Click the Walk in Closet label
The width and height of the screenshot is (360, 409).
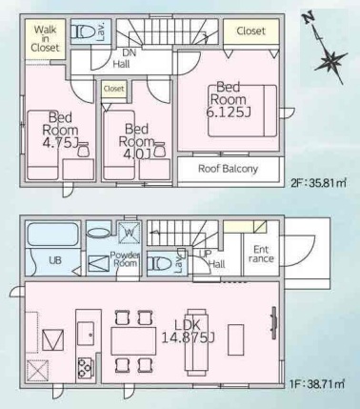pos(45,38)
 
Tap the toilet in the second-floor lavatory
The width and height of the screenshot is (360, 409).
pos(83,31)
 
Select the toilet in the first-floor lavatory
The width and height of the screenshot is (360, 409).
pos(160,264)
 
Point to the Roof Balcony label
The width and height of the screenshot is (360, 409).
pos(228,169)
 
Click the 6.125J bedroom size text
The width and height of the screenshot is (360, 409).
pos(229,112)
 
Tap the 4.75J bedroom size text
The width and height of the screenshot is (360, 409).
pos(60,143)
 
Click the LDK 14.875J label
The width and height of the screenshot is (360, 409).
pos(188,331)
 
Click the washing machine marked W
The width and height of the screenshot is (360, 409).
pos(129,233)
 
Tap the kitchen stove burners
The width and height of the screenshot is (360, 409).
pos(85,368)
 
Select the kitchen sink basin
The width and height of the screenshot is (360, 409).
pos(86,334)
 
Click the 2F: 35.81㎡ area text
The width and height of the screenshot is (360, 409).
pos(318,183)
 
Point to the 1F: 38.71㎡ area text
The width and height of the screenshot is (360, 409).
pos(317,384)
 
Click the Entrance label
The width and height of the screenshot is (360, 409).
pos(261,254)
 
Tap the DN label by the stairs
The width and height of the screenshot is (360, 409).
pos(129,52)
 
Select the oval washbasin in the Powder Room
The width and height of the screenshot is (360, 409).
pos(98,233)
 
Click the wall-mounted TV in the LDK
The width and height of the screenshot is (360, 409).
pos(273,322)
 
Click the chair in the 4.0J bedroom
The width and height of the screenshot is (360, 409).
pos(159,150)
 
